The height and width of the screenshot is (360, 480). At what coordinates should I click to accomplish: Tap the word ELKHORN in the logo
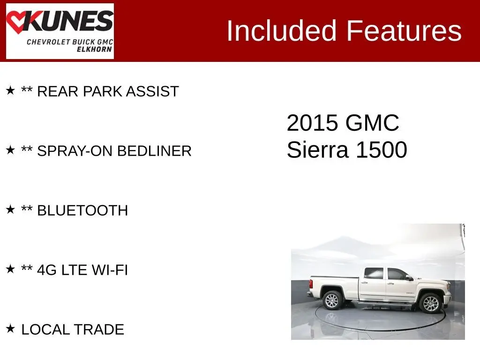(x=94, y=49)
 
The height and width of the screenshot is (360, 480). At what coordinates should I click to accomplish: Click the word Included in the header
(x=281, y=30)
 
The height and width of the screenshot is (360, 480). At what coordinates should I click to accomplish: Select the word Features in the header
(x=404, y=30)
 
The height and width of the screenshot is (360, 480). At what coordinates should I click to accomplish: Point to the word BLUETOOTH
(x=82, y=210)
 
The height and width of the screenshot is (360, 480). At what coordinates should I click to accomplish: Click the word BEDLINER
(x=154, y=151)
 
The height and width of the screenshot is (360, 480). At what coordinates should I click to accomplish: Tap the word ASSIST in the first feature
(x=152, y=91)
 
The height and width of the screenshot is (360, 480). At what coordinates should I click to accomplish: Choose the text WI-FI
(x=110, y=270)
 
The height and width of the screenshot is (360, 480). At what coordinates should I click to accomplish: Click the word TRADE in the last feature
(x=98, y=330)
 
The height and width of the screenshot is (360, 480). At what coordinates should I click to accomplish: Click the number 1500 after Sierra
(x=382, y=150)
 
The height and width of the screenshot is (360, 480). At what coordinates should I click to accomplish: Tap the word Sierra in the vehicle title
(x=317, y=150)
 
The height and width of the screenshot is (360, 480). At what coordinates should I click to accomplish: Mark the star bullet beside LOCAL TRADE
(x=10, y=329)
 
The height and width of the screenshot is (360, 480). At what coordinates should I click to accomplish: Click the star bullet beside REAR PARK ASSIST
(x=10, y=90)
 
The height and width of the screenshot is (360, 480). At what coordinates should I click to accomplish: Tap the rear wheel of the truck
(x=332, y=300)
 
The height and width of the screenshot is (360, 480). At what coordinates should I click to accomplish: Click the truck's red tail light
(x=311, y=284)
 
